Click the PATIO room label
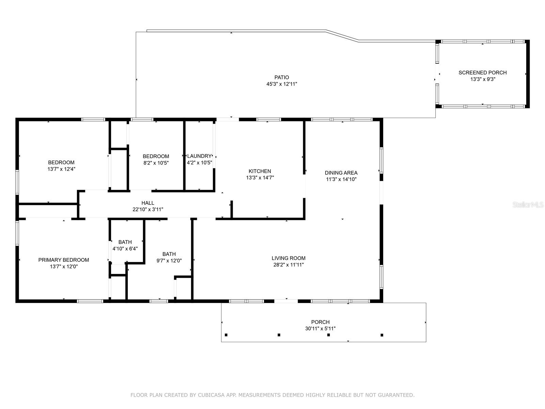(282, 77)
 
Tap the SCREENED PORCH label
(482, 73)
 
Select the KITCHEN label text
(260, 171)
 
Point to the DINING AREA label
(341, 173)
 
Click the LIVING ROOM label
(288, 258)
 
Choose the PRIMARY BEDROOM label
(64, 260)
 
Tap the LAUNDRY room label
(199, 156)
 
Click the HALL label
(148, 203)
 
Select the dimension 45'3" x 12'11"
(282, 84)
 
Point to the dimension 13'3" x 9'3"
(483, 79)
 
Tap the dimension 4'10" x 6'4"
(125, 249)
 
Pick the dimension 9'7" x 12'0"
(169, 261)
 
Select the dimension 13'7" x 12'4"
(61, 169)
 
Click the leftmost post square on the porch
(226, 335)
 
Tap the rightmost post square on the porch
(382, 335)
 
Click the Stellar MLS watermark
(528, 205)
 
